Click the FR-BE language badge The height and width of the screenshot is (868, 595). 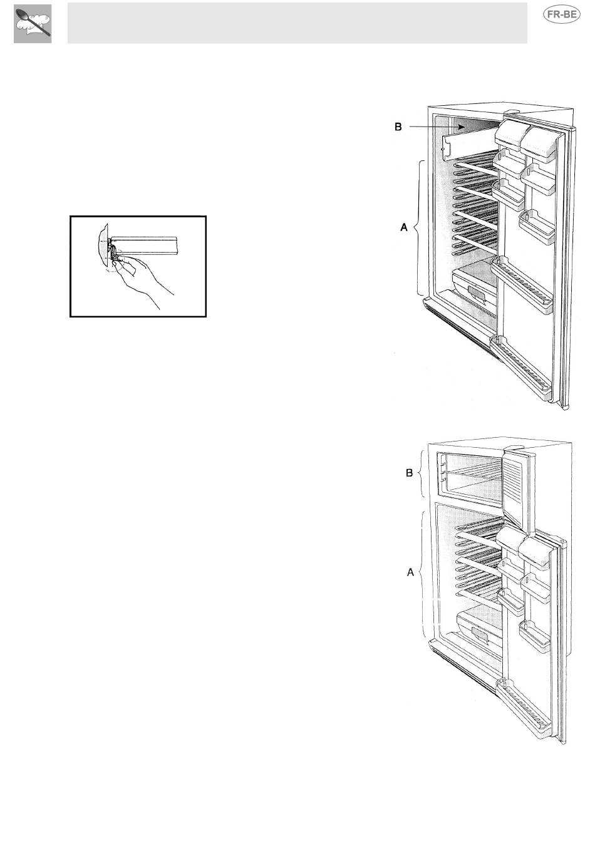[x=562, y=15]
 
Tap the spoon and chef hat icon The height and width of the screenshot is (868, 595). [x=33, y=24]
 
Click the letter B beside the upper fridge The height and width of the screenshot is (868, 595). [x=398, y=127]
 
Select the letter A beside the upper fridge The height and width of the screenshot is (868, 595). [x=404, y=227]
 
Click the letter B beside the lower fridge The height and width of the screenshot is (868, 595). [x=410, y=473]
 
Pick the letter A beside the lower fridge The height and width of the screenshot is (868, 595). [x=410, y=572]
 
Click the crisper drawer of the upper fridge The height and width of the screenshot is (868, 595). [x=475, y=291]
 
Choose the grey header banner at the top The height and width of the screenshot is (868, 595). [x=297, y=23]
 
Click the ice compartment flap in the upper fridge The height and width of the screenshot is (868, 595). [x=470, y=143]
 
